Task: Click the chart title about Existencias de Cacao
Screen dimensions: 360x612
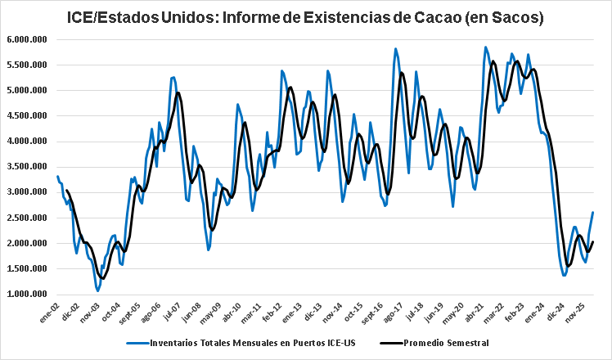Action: tap(306, 16)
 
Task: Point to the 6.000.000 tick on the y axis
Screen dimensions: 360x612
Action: tap(27, 39)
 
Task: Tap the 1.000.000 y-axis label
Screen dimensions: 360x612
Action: tap(27, 295)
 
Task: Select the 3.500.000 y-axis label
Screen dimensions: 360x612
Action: tap(27, 167)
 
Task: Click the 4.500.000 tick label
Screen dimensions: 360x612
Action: tap(27, 115)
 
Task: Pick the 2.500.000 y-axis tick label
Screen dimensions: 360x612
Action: tap(27, 218)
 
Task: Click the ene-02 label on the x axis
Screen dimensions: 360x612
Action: tap(56, 311)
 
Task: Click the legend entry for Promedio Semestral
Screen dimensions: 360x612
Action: tap(445, 343)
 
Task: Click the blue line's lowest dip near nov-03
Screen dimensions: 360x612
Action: tap(97, 290)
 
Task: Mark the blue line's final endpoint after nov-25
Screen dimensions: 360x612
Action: tap(593, 213)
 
